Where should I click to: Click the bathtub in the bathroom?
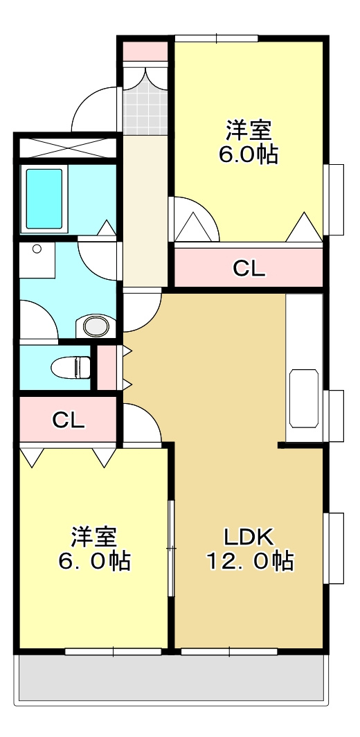(45, 198)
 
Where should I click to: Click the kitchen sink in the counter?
(304, 398)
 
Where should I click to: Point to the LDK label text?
(249, 536)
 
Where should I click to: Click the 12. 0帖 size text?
(249, 560)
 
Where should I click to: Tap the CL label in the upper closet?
(248, 268)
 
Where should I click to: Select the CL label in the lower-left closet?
(69, 420)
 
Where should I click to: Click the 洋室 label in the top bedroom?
(249, 130)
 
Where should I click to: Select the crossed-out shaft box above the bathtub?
(66, 148)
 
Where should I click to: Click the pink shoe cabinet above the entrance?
(145, 51)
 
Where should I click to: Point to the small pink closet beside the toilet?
(107, 367)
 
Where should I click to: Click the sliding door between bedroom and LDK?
(171, 547)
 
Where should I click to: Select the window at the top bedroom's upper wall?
(217, 38)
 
